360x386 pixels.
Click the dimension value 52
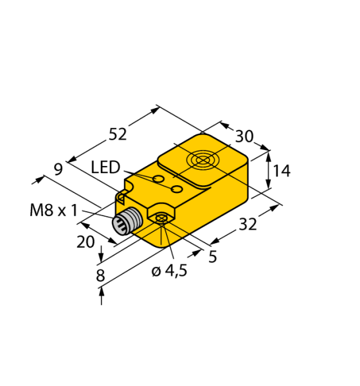117,134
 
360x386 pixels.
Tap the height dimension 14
281,171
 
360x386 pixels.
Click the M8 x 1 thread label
53,210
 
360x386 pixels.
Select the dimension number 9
58,169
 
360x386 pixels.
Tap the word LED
105,169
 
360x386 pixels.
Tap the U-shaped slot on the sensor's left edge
122,196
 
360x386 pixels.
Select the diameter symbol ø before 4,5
156,271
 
